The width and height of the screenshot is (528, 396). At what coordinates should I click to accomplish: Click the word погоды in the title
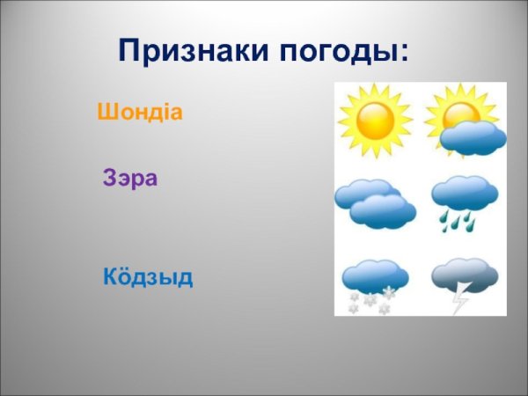pos(339,50)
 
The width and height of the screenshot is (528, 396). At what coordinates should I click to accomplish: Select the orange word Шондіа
pos(140,113)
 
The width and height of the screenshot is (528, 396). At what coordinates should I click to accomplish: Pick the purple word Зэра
pos(130,179)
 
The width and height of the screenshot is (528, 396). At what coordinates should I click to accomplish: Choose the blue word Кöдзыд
pos(148,277)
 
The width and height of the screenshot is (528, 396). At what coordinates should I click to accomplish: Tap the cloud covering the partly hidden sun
pos(473,137)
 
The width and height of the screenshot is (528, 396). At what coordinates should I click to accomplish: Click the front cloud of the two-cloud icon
pos(383,211)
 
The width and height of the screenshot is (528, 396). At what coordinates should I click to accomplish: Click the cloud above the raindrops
pos(465,192)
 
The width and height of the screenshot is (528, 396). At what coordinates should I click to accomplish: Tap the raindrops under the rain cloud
pos(458,221)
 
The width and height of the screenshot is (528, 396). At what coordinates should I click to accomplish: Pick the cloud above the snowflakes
pos(374,275)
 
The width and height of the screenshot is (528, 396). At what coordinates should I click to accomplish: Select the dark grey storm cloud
pos(465,275)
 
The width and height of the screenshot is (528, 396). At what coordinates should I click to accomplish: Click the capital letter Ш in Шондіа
pos(106,113)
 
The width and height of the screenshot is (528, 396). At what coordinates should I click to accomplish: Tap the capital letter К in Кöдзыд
pos(111,277)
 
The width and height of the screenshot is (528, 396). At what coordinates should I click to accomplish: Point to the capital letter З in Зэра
pos(110,179)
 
